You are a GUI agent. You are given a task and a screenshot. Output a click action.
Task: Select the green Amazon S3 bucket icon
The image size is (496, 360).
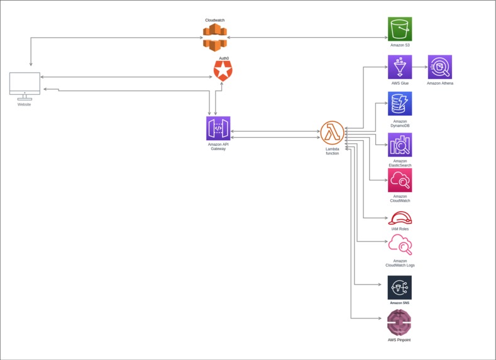click(400, 29)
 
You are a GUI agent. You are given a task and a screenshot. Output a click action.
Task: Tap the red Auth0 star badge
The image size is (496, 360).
click(223, 71)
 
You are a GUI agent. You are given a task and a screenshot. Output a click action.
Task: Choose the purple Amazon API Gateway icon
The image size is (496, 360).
click(218, 128)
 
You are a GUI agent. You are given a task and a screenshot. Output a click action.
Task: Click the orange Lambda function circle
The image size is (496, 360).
click(332, 133)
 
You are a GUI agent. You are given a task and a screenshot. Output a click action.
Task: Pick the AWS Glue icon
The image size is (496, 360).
click(400, 67)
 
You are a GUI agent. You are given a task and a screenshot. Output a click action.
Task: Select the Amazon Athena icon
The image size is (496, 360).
click(439, 67)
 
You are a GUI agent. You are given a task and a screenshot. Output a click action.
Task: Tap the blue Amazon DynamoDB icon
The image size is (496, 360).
click(400, 104)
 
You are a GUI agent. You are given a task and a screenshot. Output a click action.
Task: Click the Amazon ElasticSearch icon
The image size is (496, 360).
click(400, 145)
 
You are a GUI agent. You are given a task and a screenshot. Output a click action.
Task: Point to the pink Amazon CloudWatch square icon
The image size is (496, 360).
click(400, 180)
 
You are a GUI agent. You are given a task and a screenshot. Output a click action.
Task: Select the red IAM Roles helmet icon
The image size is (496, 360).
click(400, 218)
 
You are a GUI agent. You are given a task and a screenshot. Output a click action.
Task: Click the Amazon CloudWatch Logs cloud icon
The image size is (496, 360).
click(400, 246)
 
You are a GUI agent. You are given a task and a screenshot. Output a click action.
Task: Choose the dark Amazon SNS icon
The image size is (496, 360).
click(400, 288)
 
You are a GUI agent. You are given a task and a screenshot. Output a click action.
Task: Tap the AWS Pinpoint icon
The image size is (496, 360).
click(399, 323)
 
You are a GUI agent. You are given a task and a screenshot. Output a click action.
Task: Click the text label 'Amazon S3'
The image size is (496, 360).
click(400, 45)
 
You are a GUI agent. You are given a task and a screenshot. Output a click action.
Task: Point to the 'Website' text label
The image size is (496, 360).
click(25, 104)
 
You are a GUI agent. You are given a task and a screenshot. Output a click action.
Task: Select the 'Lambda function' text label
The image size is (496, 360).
click(332, 151)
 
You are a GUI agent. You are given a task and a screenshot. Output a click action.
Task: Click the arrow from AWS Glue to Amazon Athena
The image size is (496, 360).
click(419, 67)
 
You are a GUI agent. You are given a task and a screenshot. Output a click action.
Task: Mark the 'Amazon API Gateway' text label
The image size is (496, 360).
click(218, 146)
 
